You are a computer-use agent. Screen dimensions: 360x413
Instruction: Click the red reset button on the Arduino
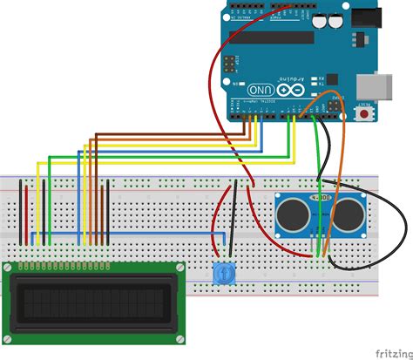pos(364,114)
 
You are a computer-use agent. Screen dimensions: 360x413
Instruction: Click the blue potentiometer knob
pos(226,273)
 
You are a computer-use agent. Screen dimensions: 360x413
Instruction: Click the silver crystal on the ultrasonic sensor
pos(322,200)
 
